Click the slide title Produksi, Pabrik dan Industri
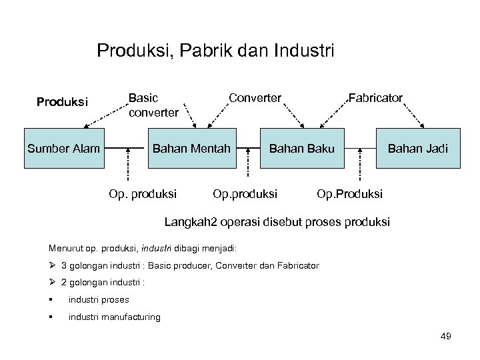pos(215,51)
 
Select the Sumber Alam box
pos(64,147)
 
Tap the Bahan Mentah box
pos(192,147)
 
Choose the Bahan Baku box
pos(302,147)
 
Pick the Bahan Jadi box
pos(418,147)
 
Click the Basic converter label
pos(153,105)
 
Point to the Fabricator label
pos(375,98)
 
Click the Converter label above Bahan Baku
pos(255,98)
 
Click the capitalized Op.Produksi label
pos(350,194)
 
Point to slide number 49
pos(446,337)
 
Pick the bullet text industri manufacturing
pos(115,317)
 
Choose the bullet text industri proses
pos(99,299)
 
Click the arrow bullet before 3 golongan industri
pos(52,265)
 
